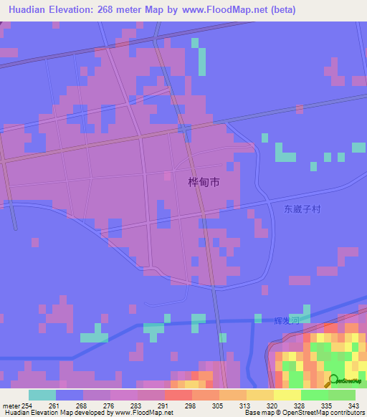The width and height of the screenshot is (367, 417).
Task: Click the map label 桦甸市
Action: coord(203,183)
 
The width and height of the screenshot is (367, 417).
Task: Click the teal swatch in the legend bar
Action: coord(42,395)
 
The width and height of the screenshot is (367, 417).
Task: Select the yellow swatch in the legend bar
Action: coord(287,395)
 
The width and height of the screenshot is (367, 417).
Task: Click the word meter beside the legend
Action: coord(11,406)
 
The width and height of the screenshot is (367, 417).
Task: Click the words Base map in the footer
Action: coord(257,413)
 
